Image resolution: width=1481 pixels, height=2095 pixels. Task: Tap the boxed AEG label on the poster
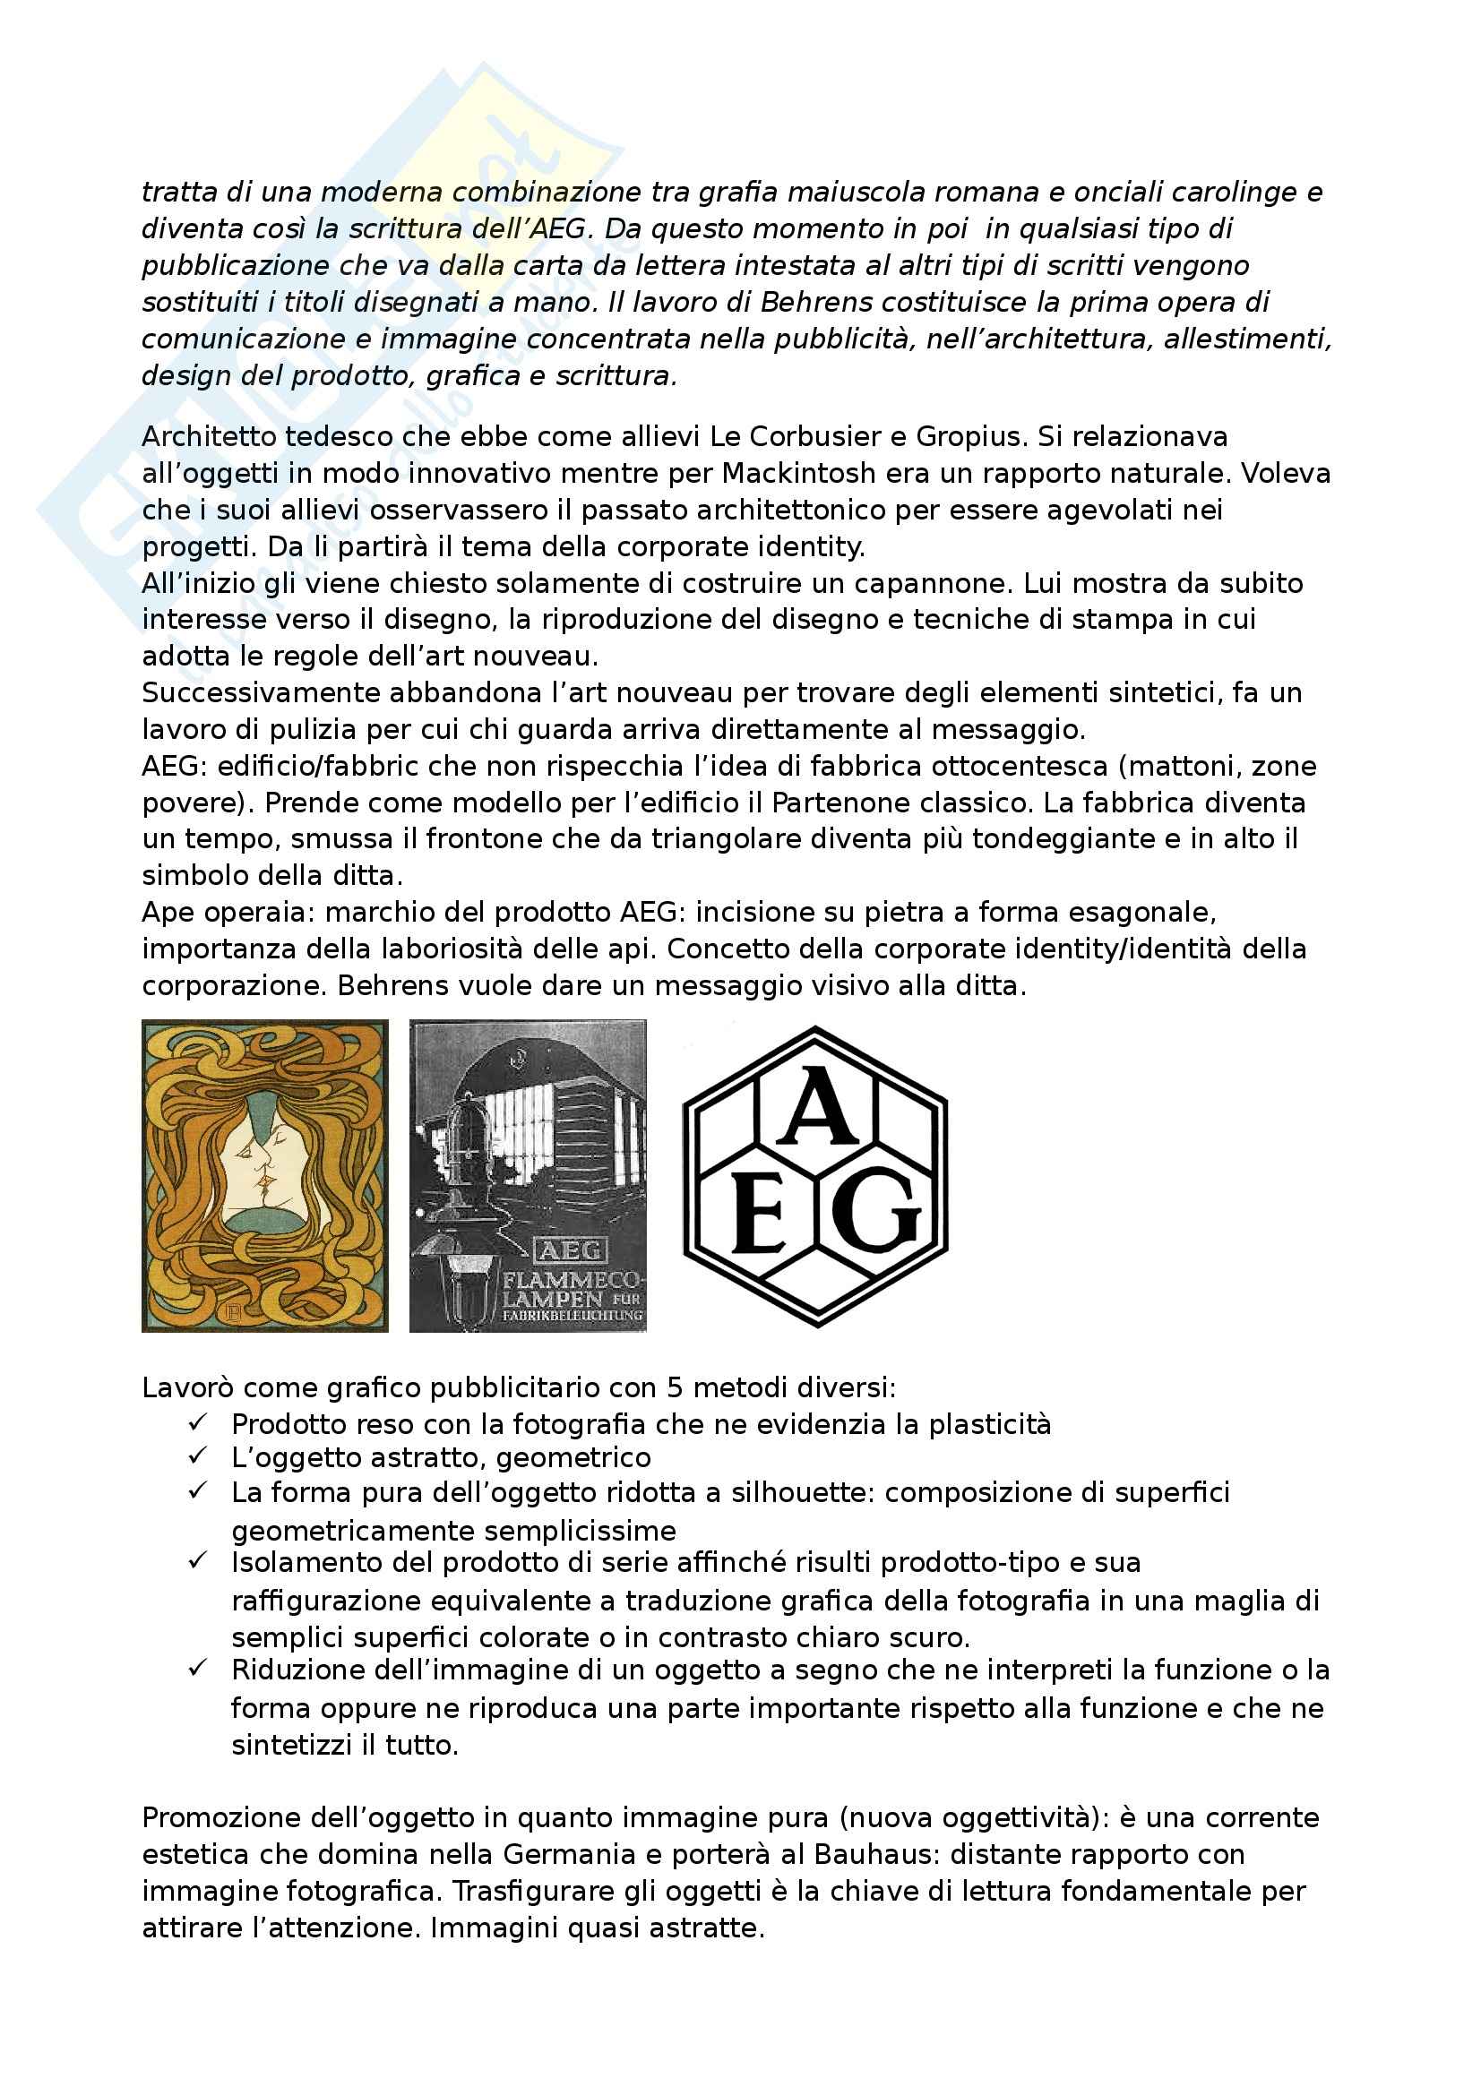coord(570,1250)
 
